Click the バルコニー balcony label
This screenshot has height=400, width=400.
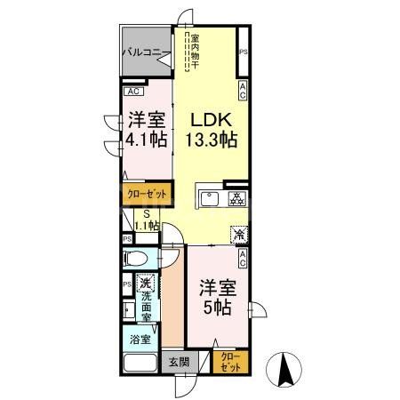click(142, 52)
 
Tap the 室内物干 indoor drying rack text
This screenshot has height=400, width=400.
click(194, 54)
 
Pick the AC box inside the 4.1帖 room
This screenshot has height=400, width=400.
click(132, 92)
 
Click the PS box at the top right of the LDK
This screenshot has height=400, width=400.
click(243, 53)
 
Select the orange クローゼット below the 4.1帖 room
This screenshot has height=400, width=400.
click(141, 191)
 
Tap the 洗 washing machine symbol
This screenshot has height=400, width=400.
click(146, 284)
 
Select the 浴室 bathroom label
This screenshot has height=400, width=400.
click(140, 340)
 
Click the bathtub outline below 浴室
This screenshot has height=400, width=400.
click(140, 364)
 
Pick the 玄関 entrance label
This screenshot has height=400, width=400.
click(178, 362)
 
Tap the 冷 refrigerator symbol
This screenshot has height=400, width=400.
click(240, 235)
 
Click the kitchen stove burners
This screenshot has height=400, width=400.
click(237, 198)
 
